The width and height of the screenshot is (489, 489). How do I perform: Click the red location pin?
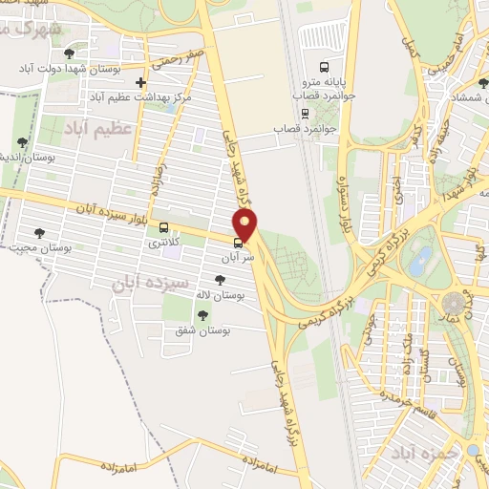click(246, 225)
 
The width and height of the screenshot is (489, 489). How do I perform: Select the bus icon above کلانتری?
click(165, 228)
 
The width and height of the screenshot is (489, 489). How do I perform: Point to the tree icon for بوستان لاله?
click(222, 280)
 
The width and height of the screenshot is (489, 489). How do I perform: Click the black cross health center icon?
click(141, 83)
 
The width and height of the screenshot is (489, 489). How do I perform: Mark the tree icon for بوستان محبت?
click(39, 232)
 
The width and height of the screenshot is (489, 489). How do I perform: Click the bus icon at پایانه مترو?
click(324, 67)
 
